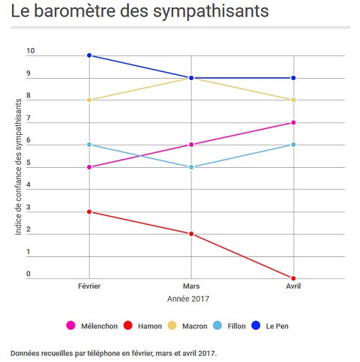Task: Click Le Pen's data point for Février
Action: coord(89,55)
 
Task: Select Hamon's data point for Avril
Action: coord(293,278)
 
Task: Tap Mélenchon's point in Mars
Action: coord(191,145)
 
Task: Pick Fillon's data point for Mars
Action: coord(191,167)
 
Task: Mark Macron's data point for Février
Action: coord(89,100)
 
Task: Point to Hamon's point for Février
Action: coord(89,212)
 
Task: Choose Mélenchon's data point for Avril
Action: coord(293,123)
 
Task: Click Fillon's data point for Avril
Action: coord(293,145)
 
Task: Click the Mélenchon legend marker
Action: coord(70,325)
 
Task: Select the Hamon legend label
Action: coord(150,326)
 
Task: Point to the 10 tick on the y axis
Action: coord(31,51)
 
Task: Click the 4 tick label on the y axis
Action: coord(28,185)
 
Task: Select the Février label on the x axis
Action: coord(89,286)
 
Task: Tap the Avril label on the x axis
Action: coord(293,286)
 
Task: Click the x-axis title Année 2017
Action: coord(188,299)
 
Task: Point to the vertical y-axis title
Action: coord(18,167)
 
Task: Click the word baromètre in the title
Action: coord(73,11)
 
